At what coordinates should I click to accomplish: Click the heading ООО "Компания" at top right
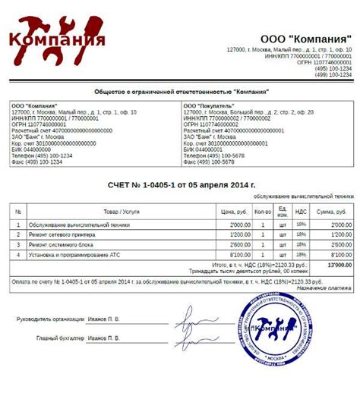306,37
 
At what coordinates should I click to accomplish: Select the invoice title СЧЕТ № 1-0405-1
180,184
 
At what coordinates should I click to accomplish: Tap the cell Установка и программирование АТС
76,255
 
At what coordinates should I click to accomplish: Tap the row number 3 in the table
17,245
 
